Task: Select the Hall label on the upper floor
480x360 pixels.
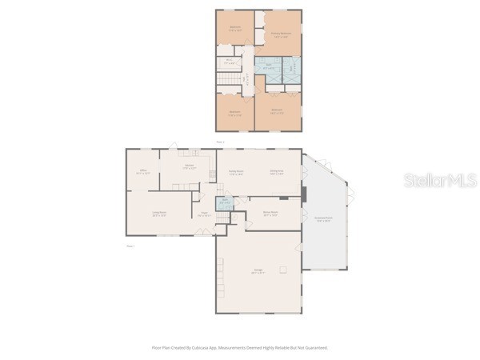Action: click(x=248, y=80)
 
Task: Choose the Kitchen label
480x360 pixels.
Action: click(x=189, y=167)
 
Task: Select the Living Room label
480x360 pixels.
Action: click(x=159, y=213)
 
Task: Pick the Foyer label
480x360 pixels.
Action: click(x=204, y=213)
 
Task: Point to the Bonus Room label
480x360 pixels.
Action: click(x=270, y=213)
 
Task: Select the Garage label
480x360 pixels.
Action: click(x=258, y=271)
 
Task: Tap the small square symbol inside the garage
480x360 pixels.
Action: click(x=282, y=270)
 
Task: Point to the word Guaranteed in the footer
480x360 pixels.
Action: click(x=314, y=348)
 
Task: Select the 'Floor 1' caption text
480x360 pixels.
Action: click(x=130, y=246)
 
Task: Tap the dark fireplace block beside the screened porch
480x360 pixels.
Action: click(x=303, y=193)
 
